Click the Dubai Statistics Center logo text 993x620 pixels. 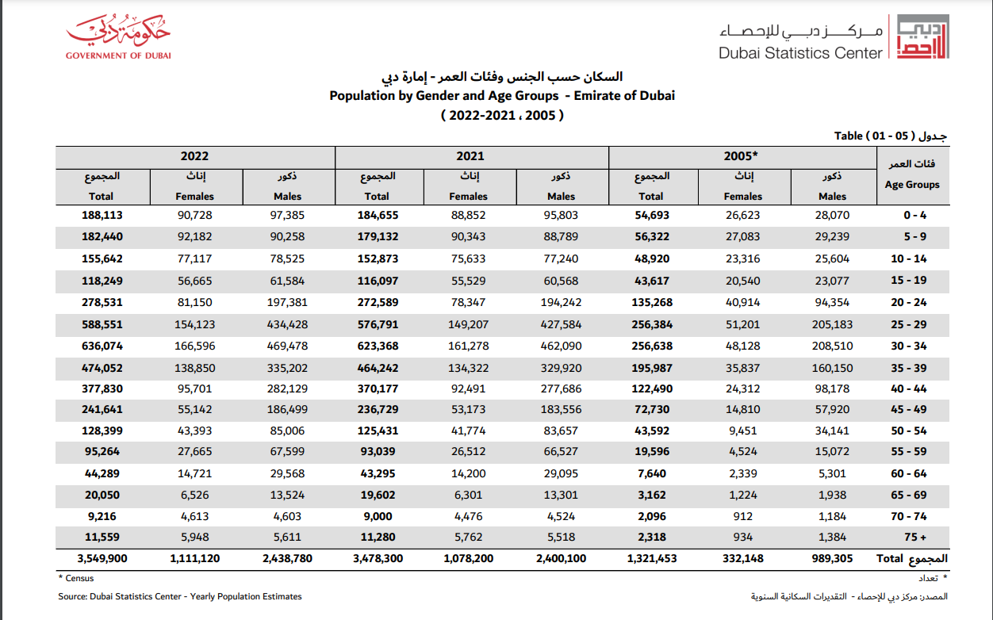[800, 53]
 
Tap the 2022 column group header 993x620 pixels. [194, 157]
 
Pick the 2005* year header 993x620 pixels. [742, 157]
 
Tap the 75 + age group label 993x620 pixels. [916, 537]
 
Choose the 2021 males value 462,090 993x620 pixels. [561, 346]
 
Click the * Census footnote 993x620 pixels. [75, 579]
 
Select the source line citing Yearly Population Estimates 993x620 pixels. [180, 596]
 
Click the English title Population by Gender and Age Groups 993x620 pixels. [502, 96]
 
